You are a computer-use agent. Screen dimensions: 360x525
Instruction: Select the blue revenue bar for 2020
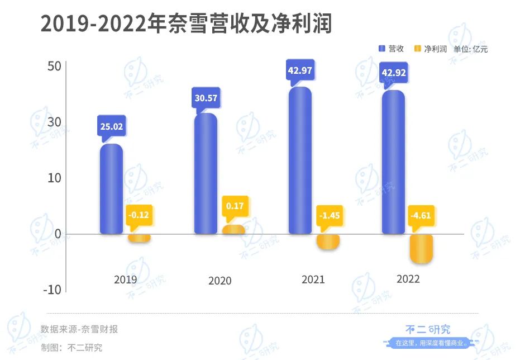[206, 173]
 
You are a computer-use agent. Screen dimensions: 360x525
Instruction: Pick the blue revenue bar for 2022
[393, 162]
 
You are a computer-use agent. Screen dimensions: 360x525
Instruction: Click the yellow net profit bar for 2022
[421, 248]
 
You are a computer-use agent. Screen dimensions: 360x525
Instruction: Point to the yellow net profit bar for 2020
[233, 229]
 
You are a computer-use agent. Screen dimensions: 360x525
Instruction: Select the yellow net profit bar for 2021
[328, 241]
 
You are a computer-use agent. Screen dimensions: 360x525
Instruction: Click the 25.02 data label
[111, 126]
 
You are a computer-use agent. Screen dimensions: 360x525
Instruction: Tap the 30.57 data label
[206, 97]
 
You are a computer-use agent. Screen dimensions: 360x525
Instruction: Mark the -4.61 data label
[421, 215]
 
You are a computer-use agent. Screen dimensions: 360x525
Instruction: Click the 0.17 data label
[235, 206]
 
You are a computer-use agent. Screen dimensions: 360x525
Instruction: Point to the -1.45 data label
[329, 215]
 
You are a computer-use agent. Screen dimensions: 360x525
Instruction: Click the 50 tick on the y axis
[54, 66]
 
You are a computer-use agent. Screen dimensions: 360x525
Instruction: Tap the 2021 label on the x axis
[313, 280]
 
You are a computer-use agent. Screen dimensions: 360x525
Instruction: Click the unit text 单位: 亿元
[471, 49]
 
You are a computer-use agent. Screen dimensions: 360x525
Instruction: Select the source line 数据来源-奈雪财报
[79, 329]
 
